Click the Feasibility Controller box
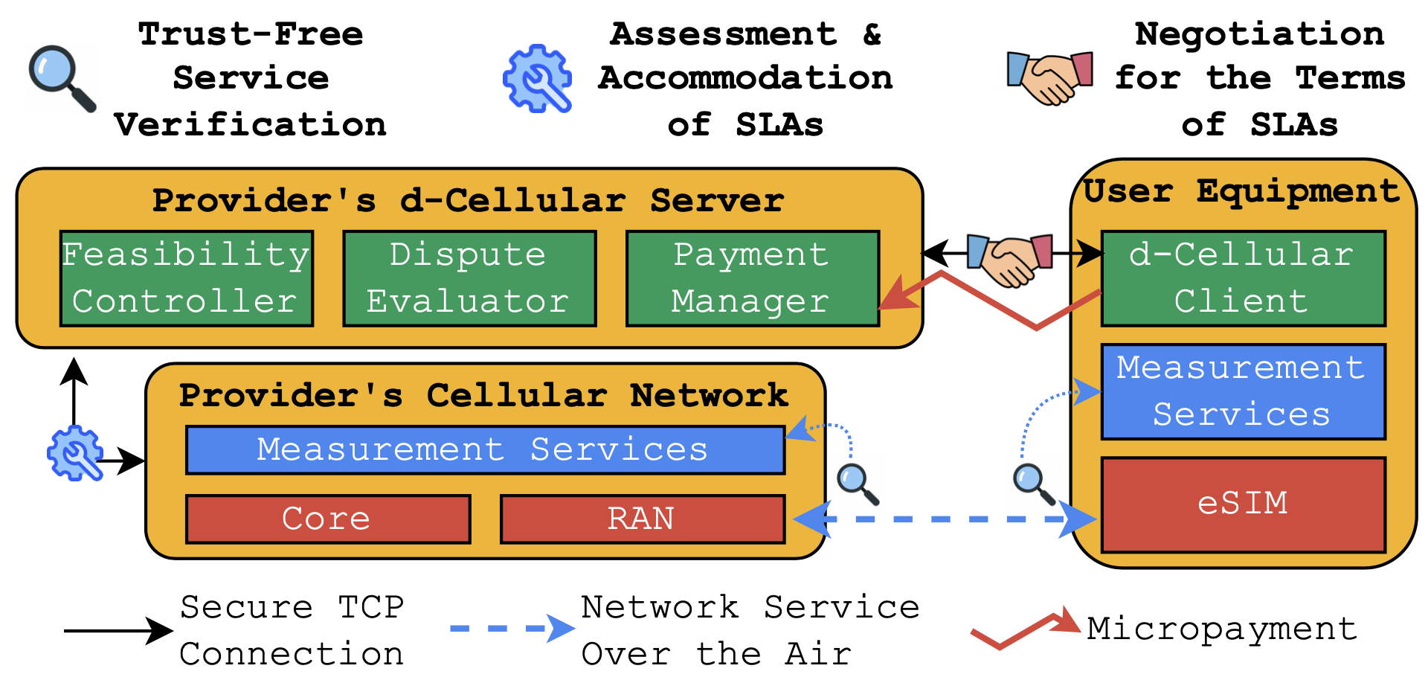coord(186,278)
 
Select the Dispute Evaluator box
coord(469,278)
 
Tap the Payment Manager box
coord(752,278)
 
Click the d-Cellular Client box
coord(1243,278)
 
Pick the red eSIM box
coord(1243,504)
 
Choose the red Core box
coord(327,519)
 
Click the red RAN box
coord(642,519)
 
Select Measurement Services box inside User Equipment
coord(1243,391)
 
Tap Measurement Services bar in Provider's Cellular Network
coord(485,449)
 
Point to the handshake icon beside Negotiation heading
coord(1049,77)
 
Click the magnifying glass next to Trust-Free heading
coord(61,77)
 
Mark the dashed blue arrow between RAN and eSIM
coord(945,519)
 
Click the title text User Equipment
coord(1241,191)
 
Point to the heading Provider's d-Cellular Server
coord(468,200)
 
